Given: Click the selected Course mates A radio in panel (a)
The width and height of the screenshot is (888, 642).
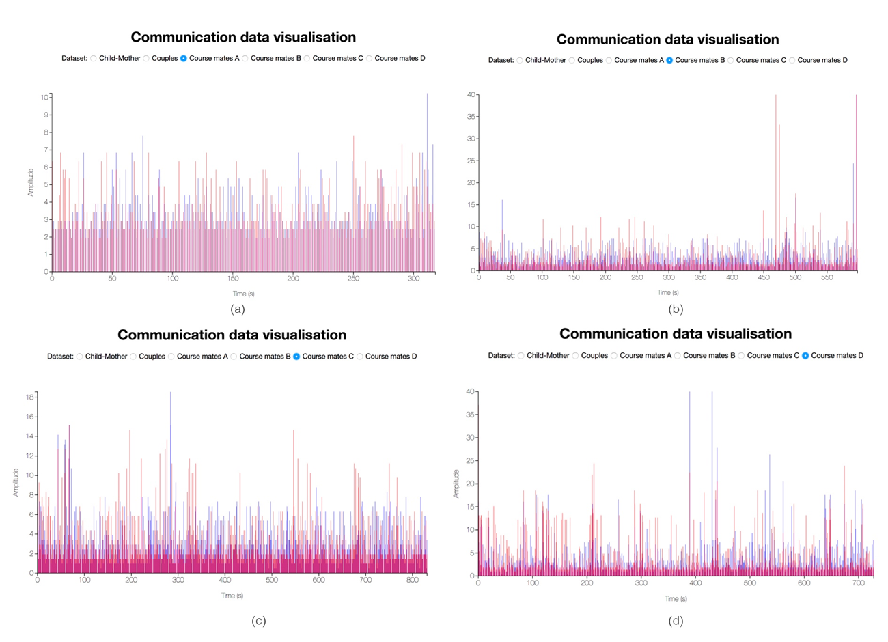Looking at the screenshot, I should click(x=184, y=59).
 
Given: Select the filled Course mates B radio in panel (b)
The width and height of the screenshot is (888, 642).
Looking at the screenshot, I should click(x=669, y=61).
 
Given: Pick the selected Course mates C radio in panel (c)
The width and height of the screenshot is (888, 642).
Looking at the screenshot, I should click(x=296, y=357).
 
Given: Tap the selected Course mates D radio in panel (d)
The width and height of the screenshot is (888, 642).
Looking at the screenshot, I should click(x=805, y=356).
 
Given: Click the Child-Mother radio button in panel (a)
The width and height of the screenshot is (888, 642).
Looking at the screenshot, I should click(x=94, y=59).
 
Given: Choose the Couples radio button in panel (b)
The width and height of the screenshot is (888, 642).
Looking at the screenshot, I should click(x=572, y=61).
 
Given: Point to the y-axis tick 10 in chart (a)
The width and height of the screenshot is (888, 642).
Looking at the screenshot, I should click(x=44, y=98).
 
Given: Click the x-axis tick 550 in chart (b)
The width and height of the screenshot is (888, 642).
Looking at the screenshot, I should click(x=827, y=278).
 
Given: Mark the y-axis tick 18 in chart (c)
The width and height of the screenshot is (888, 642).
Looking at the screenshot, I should click(x=30, y=397).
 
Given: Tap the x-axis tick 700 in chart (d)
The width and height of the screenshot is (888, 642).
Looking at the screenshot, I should click(x=858, y=583).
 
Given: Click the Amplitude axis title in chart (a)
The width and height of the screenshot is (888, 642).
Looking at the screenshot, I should click(x=31, y=182).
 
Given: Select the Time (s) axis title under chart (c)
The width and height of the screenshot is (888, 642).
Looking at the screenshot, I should click(x=232, y=596).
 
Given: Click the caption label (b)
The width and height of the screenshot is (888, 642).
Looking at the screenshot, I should click(x=676, y=309).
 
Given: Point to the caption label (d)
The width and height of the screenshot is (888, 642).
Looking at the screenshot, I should click(x=676, y=621).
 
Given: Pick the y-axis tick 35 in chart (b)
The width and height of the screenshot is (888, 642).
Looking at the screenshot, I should click(x=470, y=117).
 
